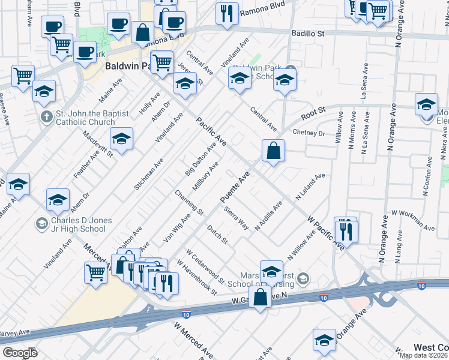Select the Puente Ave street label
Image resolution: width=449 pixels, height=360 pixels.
(234, 188)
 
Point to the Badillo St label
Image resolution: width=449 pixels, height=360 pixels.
(309, 34)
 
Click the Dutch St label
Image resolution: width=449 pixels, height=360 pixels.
(218, 234)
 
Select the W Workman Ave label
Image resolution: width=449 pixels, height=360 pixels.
(412, 220)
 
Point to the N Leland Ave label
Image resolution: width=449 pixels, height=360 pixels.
(310, 188)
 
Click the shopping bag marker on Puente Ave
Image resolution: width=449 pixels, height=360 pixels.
(273, 152)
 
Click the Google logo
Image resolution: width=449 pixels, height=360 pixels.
(20, 353)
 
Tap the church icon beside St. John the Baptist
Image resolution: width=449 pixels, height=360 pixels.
(46, 116)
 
